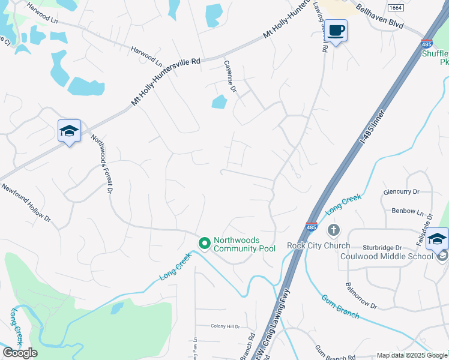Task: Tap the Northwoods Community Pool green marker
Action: (x=204, y=243)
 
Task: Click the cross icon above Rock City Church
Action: (x=333, y=230)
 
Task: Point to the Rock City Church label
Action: (x=318, y=245)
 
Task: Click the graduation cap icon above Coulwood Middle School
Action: (x=436, y=239)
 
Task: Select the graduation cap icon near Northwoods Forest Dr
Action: (x=69, y=131)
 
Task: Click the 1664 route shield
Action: (x=395, y=8)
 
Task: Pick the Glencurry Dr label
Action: (x=401, y=192)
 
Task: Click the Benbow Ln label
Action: (x=403, y=212)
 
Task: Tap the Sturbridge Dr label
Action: (x=382, y=247)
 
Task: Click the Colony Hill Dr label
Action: (x=225, y=326)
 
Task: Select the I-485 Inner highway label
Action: (x=371, y=127)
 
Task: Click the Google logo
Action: (x=20, y=353)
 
